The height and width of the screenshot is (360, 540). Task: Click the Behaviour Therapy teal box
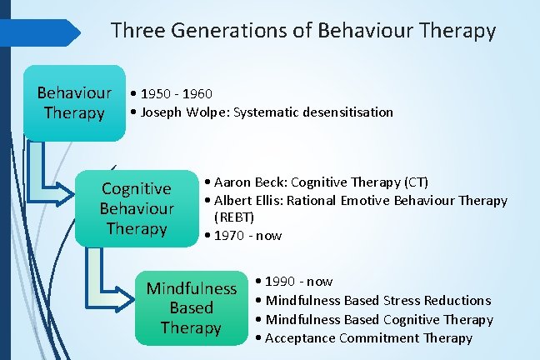(74, 102)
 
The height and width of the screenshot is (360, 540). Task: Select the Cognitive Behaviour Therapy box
(137, 208)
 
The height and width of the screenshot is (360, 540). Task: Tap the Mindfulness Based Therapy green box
(192, 307)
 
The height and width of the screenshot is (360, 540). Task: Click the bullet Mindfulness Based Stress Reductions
(377, 300)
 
